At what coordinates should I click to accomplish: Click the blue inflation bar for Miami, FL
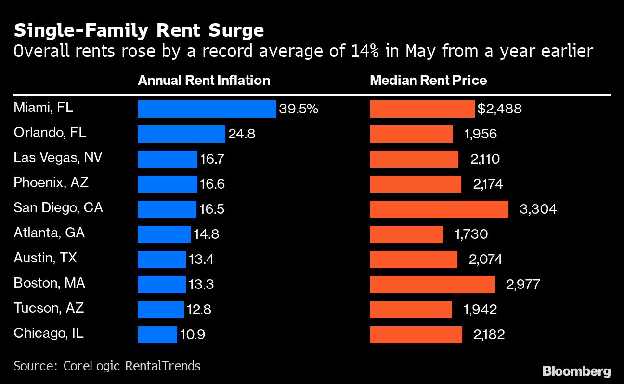click(207, 109)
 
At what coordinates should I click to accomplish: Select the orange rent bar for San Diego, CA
click(439, 209)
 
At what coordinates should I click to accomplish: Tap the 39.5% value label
click(299, 109)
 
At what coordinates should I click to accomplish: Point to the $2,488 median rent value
click(499, 109)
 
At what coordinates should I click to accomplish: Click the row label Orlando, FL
click(50, 133)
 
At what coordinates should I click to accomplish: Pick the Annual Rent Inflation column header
click(204, 80)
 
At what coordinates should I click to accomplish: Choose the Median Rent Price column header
click(428, 80)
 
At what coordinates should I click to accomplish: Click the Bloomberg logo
click(576, 371)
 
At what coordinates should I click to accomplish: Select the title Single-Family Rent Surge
click(139, 31)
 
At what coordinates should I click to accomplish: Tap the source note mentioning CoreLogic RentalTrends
click(107, 366)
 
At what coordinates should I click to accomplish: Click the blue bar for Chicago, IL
click(157, 335)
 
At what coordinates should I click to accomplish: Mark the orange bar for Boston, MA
click(432, 285)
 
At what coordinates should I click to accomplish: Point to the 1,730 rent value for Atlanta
click(471, 234)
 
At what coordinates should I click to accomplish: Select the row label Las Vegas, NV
click(58, 158)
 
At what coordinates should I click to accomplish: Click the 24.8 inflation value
click(242, 134)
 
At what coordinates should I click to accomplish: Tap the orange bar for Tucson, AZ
click(410, 310)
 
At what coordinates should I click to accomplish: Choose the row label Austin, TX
click(45, 258)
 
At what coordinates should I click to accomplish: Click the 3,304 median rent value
click(538, 209)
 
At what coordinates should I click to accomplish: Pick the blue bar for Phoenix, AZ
click(167, 184)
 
